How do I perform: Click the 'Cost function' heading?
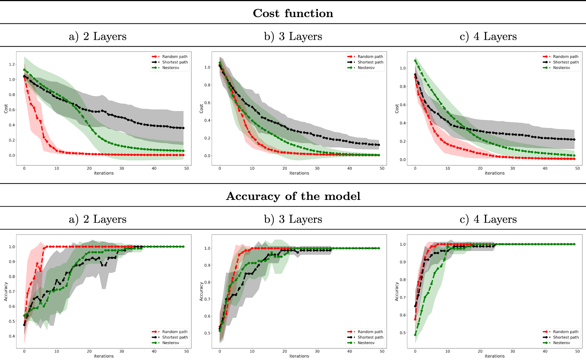click(x=293, y=13)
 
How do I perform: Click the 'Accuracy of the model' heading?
click(x=293, y=196)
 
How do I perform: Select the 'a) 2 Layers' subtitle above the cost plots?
click(x=97, y=36)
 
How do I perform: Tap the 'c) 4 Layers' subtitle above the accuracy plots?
click(x=488, y=219)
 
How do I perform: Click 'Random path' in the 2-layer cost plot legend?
click(x=175, y=57)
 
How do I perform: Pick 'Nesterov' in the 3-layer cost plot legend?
click(x=366, y=68)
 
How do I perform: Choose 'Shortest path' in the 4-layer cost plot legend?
click(x=566, y=62)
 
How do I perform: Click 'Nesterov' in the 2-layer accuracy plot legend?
click(x=171, y=343)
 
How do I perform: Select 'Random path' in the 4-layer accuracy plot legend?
click(x=566, y=332)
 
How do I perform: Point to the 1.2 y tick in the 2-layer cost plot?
click(x=12, y=64)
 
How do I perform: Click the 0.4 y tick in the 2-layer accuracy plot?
click(x=12, y=336)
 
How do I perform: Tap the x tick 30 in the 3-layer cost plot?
click(x=317, y=168)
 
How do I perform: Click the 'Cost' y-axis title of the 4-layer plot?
click(x=397, y=109)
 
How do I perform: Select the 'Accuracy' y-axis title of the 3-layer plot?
click(x=201, y=291)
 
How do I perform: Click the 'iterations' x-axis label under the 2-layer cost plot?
click(x=104, y=173)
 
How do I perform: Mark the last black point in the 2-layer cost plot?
click(x=183, y=128)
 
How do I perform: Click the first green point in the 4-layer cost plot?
click(x=415, y=61)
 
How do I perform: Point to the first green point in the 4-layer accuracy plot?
click(x=415, y=335)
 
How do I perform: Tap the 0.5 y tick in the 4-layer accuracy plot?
click(x=403, y=333)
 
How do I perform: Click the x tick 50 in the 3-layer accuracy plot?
click(x=382, y=351)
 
